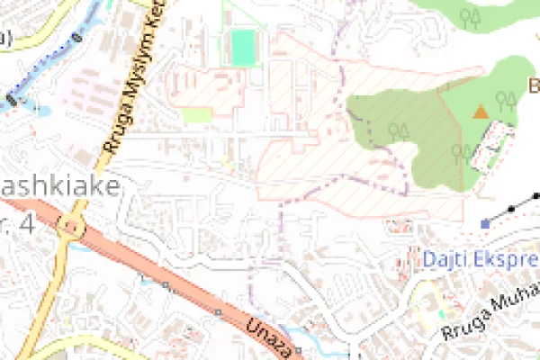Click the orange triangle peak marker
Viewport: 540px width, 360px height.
point(481,112)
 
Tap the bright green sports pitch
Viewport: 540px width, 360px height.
point(242,47)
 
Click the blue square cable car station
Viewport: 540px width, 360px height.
point(486,222)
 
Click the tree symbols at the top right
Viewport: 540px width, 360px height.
point(469,17)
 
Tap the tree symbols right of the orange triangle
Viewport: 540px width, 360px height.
point(507,100)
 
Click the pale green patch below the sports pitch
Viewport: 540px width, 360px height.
point(197,114)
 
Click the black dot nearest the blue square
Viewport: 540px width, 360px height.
point(512,209)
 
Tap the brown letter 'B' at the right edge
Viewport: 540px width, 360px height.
point(533,86)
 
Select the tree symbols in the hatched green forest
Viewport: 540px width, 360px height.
point(399,130)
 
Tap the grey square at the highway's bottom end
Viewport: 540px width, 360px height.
point(298,350)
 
